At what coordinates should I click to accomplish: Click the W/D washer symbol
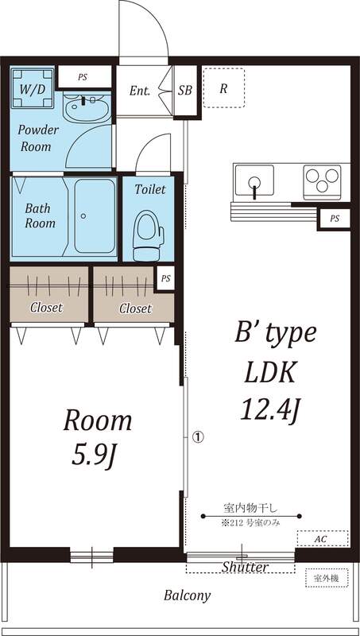pyautogui.click(x=33, y=89)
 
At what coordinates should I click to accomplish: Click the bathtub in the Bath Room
pyautogui.click(x=95, y=215)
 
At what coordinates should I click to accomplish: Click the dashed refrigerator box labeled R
pyautogui.click(x=224, y=88)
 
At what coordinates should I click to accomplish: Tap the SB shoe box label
pyautogui.click(x=185, y=90)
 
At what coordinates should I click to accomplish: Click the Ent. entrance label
pyautogui.click(x=140, y=91)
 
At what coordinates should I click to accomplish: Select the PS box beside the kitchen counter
pyautogui.click(x=335, y=219)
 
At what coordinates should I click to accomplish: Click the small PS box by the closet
pyautogui.click(x=166, y=279)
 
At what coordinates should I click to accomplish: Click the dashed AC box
pyautogui.click(x=323, y=539)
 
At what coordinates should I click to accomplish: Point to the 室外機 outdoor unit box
pyautogui.click(x=327, y=578)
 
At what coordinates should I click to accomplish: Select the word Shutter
pyautogui.click(x=245, y=567)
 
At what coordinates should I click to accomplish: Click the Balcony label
pyautogui.click(x=188, y=595)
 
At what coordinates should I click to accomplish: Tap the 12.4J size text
pyautogui.click(x=270, y=409)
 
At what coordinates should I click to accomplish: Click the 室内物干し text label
pyautogui.click(x=250, y=507)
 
